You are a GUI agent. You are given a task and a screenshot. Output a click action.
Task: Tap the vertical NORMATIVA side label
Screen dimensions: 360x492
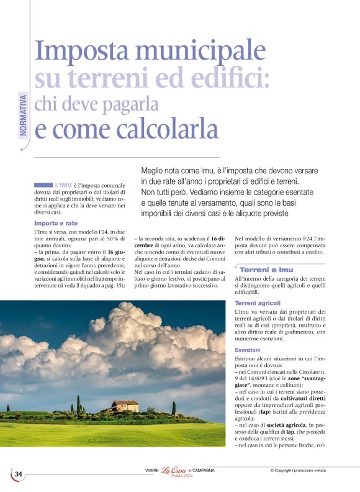pos(24,114)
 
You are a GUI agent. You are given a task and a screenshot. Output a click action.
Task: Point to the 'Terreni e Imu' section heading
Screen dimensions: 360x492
pos(266,270)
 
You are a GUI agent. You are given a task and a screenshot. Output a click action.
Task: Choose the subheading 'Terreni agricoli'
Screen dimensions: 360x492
pos(258,303)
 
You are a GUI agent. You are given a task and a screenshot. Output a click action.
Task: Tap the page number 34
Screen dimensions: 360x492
pos(19,475)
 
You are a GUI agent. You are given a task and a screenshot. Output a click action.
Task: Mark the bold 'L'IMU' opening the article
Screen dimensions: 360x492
pos(63,185)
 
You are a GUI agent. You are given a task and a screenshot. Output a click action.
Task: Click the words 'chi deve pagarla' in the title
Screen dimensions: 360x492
pos(96,103)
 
